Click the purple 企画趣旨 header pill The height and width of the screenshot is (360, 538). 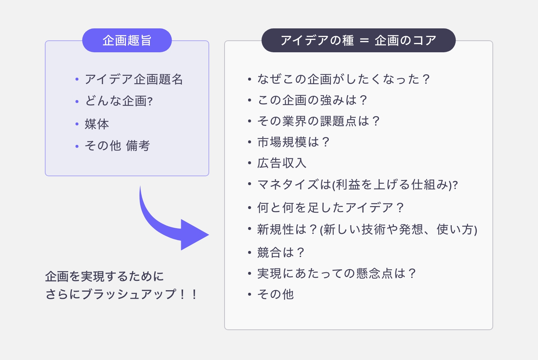pyautogui.click(x=127, y=40)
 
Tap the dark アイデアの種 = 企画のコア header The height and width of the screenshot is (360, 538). pyautogui.click(x=358, y=40)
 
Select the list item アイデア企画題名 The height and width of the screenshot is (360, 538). pyautogui.click(x=134, y=79)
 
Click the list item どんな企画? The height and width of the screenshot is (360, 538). pyautogui.click(x=119, y=101)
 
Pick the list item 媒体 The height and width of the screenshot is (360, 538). pyautogui.click(x=97, y=124)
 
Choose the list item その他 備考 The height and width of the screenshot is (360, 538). pyautogui.click(x=117, y=146)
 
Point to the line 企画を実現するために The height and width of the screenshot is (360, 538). pyautogui.click(x=105, y=276)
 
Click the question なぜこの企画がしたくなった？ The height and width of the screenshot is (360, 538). pyautogui.click(x=344, y=79)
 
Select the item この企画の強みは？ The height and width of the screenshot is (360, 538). pyautogui.click(x=312, y=100)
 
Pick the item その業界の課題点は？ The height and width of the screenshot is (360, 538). pyautogui.click(x=319, y=121)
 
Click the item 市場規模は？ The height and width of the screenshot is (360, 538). pyautogui.click(x=293, y=142)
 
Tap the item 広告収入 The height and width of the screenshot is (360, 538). pyautogui.click(x=282, y=163)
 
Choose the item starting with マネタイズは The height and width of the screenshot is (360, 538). pyautogui.click(x=357, y=184)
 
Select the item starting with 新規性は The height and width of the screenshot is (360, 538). pyautogui.click(x=367, y=229)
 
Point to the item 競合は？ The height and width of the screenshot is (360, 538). pyautogui.click(x=281, y=252)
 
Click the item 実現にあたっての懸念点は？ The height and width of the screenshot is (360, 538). pyautogui.click(x=337, y=273)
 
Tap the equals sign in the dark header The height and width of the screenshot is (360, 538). pyautogui.click(x=364, y=41)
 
